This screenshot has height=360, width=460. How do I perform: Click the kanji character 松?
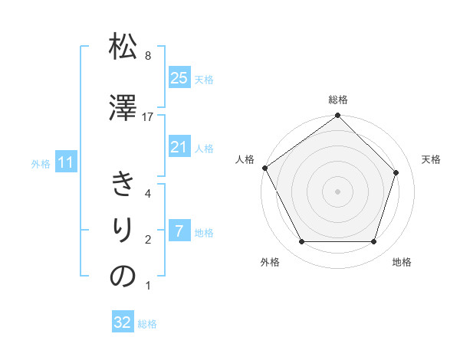(123, 48)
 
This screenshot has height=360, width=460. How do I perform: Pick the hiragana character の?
(123, 277)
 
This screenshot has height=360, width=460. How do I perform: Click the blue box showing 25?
(179, 78)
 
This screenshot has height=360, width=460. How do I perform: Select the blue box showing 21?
(179, 147)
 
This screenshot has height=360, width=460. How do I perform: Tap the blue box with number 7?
(179, 231)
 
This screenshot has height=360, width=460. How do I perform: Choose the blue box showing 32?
(123, 322)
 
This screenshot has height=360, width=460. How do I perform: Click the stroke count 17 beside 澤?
(148, 117)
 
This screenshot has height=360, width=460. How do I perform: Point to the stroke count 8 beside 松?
(148, 56)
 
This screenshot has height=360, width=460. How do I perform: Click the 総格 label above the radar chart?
(338, 100)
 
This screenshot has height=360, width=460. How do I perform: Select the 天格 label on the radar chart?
(431, 159)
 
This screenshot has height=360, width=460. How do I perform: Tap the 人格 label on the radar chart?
(245, 159)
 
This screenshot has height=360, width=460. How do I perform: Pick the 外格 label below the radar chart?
(270, 262)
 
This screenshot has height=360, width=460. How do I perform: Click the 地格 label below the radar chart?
(402, 262)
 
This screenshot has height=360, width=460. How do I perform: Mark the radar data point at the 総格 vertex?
(338, 116)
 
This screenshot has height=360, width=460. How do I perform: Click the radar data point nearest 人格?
(264, 168)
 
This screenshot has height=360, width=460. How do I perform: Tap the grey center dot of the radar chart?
(338, 191)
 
